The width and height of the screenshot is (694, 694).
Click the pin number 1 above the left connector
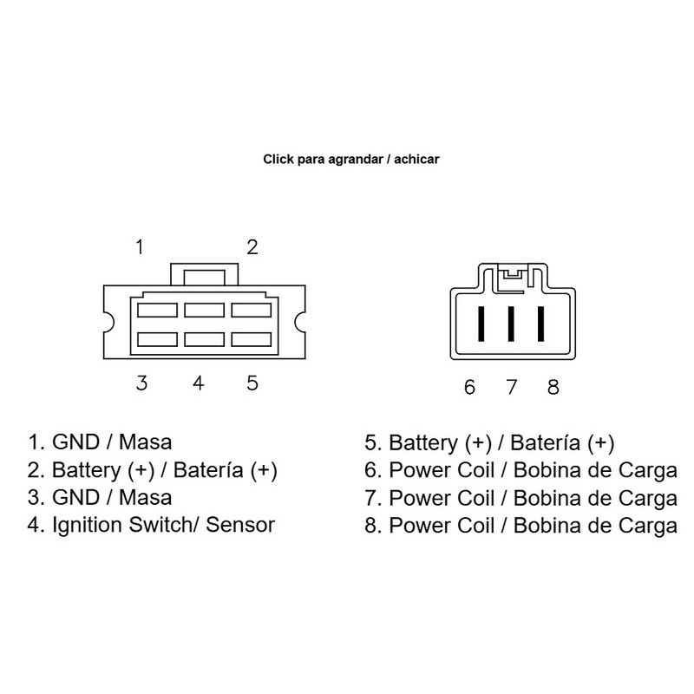coord(139,247)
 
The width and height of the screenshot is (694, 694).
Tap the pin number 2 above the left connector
coord(252,247)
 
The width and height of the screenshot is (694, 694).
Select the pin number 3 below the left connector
coord(141,383)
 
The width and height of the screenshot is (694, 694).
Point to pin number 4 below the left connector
coord(198,383)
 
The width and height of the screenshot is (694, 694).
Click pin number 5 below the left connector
coord(252,383)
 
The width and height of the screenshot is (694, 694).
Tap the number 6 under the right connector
coord(469,387)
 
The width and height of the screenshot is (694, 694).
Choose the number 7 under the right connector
coord(512,387)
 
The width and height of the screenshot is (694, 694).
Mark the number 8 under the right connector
coord(553,387)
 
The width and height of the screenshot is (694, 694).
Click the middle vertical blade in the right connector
coord(511,325)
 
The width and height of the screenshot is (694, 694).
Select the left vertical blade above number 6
coord(481,325)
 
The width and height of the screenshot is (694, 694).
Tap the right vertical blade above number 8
coord(541,325)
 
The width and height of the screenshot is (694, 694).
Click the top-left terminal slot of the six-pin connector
coord(156,308)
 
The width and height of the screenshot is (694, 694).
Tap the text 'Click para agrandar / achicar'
coord(350,160)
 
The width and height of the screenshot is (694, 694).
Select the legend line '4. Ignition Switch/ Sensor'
coord(151,525)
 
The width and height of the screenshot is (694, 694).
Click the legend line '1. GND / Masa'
coord(100,443)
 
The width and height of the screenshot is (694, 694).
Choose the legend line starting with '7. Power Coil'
coord(520,498)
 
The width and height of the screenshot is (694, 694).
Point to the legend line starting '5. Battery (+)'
coord(490,443)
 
